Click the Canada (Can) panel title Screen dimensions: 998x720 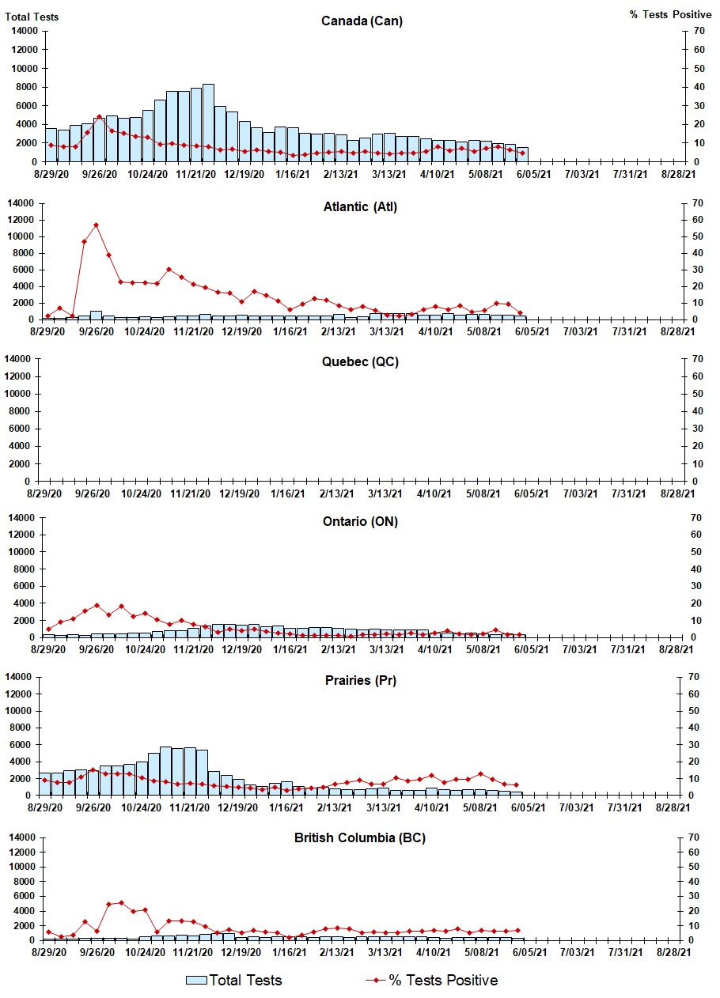[x=362, y=21]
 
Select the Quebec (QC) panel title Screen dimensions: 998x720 [x=360, y=361]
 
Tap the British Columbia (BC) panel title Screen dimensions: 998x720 [x=360, y=837]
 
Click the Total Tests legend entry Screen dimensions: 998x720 [x=234, y=981]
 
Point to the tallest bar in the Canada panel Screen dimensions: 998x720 [x=208, y=123]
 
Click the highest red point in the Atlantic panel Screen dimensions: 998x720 [x=96, y=225]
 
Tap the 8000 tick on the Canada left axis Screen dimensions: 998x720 [x=26, y=86]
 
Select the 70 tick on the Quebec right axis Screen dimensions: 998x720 [x=695, y=359]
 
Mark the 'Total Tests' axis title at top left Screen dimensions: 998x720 [x=32, y=17]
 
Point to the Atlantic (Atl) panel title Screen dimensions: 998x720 [x=360, y=207]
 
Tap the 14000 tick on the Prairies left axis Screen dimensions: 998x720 [x=23, y=677]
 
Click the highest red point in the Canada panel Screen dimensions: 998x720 [x=99, y=117]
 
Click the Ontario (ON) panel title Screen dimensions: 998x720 [x=360, y=522]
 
